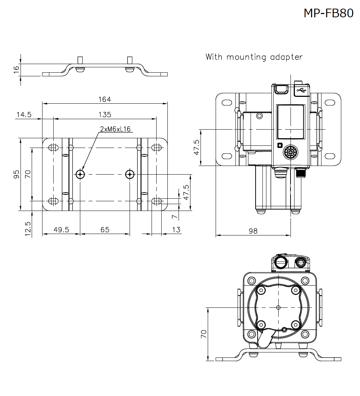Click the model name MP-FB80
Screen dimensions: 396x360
[328, 13]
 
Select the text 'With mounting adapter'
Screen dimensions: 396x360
[254, 57]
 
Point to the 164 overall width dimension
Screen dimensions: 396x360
[105, 99]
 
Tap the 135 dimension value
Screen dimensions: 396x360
[105, 114]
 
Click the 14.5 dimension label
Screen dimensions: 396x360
[24, 114]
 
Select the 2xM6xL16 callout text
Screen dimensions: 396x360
[115, 129]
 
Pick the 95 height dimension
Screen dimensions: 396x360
[16, 175]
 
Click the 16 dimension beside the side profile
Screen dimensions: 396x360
[16, 70]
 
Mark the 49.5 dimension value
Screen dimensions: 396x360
[61, 230]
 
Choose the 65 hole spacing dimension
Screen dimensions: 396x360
[105, 230]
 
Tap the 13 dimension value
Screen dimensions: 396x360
[176, 230]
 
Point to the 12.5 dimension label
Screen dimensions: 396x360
[28, 229]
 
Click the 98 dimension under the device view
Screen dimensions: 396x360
[253, 231]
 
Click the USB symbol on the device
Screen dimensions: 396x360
[301, 90]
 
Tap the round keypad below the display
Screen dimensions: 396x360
[290, 152]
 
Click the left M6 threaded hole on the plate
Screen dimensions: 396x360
[80, 175]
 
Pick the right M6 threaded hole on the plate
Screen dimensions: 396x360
[130, 175]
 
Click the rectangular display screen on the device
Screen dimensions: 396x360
[290, 122]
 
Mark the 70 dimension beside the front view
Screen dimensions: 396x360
[203, 334]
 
